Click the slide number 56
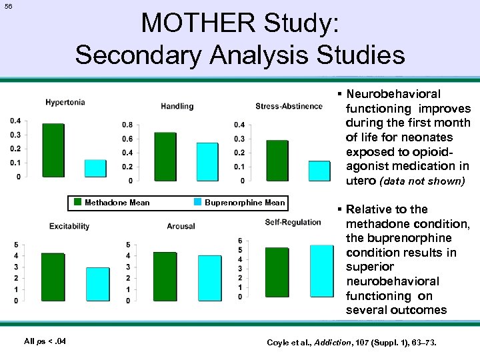(8, 6)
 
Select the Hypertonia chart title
(65, 102)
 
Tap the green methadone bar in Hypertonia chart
(53, 151)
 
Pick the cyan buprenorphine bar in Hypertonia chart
(95, 169)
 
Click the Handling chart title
(177, 106)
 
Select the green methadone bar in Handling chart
(165, 157)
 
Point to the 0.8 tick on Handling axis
(127, 125)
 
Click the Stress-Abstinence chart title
(289, 106)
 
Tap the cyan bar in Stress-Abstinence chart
(320, 171)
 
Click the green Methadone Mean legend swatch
(78, 203)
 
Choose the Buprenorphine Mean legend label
(245, 203)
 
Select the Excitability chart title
(69, 226)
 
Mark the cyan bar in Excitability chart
(98, 284)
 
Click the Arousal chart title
(181, 226)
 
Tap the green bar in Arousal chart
(165, 277)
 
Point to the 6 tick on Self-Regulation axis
(239, 241)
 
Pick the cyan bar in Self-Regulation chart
(322, 271)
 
